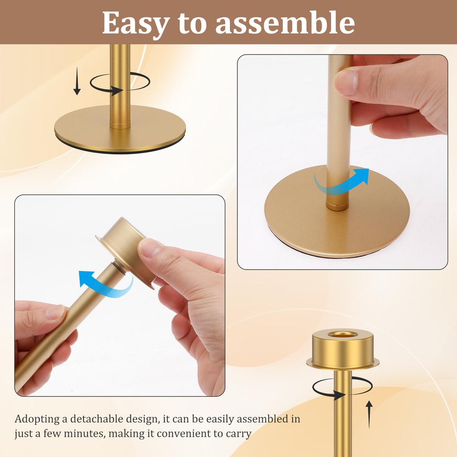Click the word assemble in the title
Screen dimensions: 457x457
coord(285,23)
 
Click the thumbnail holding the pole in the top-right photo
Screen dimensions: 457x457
coord(346,82)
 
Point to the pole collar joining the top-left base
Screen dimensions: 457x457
coord(120,124)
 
